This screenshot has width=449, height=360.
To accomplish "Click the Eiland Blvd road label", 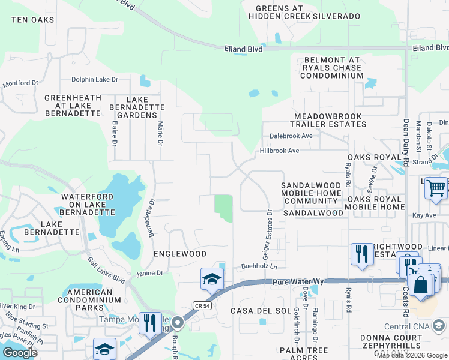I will click(x=243, y=49).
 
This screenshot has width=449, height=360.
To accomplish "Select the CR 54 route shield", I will click(x=201, y=306).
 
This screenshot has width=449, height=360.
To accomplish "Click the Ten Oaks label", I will click(x=32, y=20).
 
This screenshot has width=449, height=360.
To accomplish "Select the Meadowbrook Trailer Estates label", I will click(x=330, y=120).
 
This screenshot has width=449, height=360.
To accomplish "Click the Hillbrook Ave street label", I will click(x=279, y=151).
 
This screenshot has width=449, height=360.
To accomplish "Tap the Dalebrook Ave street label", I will click(x=291, y=136).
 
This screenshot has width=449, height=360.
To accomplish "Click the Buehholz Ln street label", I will click(x=259, y=266).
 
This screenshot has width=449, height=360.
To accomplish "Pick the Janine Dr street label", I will click(x=150, y=274).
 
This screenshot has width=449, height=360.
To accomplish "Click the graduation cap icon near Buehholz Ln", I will click(x=212, y=279).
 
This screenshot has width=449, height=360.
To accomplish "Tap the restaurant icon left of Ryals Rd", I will click(x=361, y=253).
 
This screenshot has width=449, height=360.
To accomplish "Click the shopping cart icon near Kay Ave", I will click(x=436, y=188).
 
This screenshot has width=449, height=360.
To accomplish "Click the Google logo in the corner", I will click(x=20, y=353).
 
